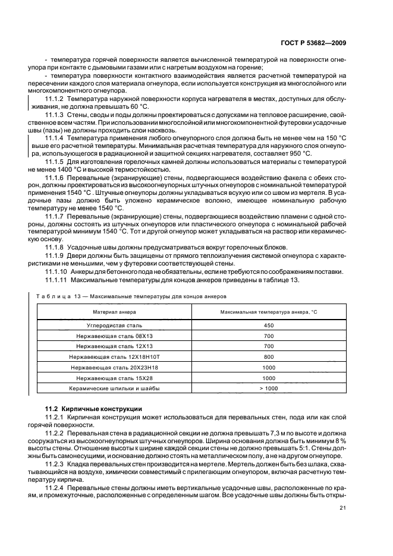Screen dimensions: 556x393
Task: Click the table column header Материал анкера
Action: tap(114, 312)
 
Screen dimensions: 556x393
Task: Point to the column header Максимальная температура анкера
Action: tap(269, 312)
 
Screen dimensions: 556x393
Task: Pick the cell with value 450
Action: tap(269, 326)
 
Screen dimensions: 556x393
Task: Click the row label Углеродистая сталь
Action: tap(114, 326)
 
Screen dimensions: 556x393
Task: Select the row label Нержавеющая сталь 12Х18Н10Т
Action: tap(114, 357)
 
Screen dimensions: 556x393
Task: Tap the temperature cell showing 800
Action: tap(269, 357)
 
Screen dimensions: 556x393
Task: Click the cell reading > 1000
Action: tap(269, 388)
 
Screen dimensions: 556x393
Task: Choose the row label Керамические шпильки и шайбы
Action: tap(114, 388)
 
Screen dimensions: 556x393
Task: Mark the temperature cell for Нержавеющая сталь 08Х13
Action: tap(269, 336)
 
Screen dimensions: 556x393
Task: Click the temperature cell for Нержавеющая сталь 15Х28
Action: tap(269, 378)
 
